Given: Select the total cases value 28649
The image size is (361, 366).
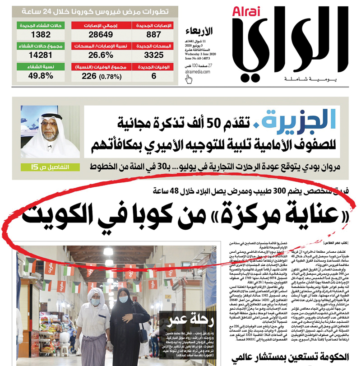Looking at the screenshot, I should click(97, 35).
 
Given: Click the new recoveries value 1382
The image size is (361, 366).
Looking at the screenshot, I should click(40, 35).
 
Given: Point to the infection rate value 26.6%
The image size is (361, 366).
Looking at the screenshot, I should click(97, 56).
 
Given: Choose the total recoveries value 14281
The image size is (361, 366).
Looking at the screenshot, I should click(40, 56).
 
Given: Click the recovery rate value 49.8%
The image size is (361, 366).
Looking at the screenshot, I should click(40, 76).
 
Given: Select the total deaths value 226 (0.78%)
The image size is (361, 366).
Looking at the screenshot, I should click(97, 76).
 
